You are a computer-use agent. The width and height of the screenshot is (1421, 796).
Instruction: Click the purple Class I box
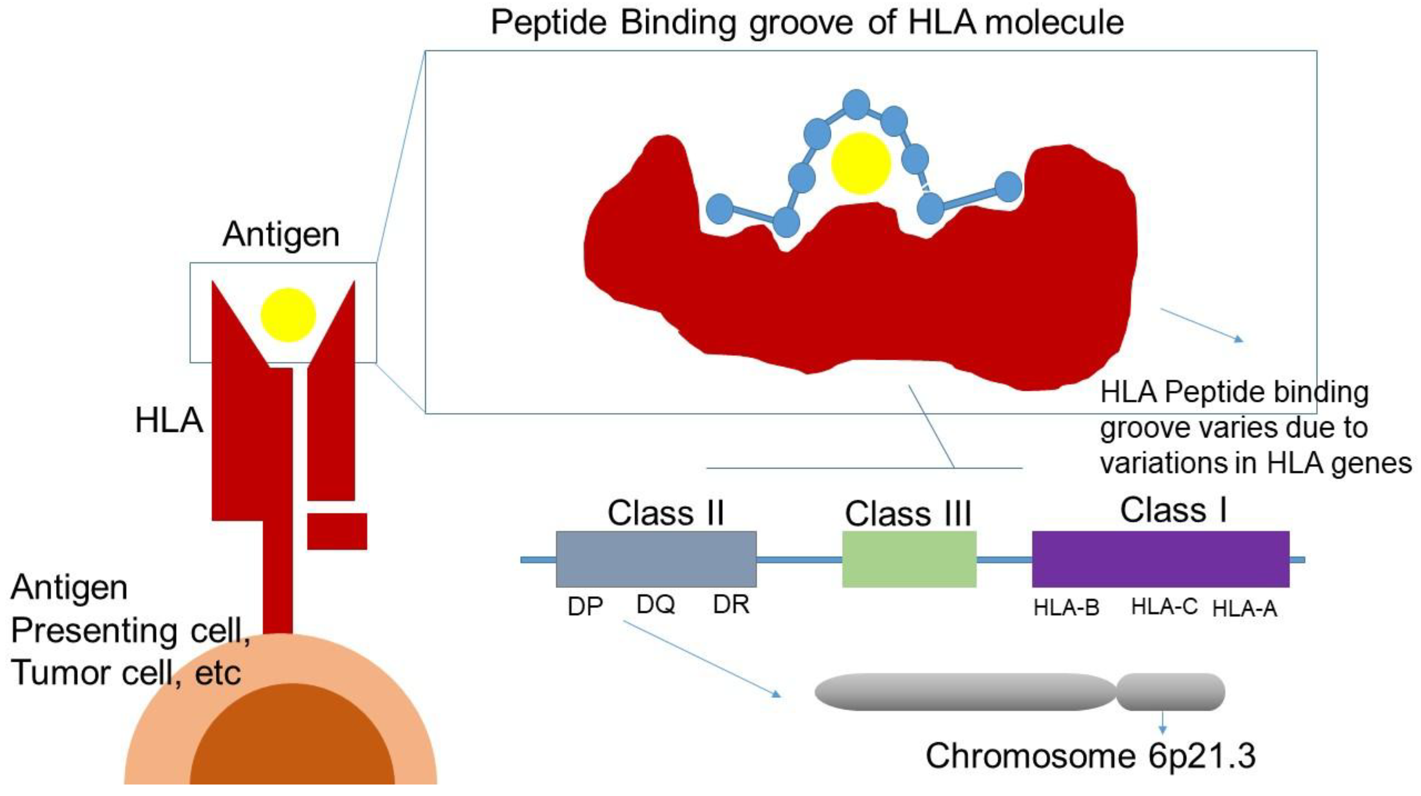pyautogui.click(x=1160, y=559)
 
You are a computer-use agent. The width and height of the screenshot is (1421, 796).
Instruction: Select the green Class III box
pyautogui.click(x=909, y=559)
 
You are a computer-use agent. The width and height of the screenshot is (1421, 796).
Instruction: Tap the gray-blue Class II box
pyautogui.click(x=656, y=559)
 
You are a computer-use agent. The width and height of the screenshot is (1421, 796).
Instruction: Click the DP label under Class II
pyautogui.click(x=585, y=607)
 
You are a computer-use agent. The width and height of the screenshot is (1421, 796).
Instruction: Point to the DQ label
pyautogui.click(x=655, y=604)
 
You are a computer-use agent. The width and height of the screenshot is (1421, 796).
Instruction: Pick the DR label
pyautogui.click(x=731, y=604)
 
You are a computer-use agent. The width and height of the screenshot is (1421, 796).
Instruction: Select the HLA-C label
pyautogui.click(x=1164, y=606)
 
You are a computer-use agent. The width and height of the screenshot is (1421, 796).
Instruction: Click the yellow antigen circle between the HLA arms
pyautogui.click(x=288, y=315)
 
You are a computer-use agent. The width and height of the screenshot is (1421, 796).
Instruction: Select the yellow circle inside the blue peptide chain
pyautogui.click(x=861, y=163)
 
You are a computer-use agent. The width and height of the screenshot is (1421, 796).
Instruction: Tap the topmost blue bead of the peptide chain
pyautogui.click(x=856, y=105)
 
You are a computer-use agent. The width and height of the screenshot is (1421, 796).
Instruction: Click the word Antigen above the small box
pyautogui.click(x=281, y=234)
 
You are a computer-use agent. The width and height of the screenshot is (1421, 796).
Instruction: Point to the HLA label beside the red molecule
pyautogui.click(x=169, y=420)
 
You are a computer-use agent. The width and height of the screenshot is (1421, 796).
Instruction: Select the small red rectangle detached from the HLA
pyautogui.click(x=337, y=531)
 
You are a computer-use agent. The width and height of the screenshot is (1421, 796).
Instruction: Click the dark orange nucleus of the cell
pyautogui.click(x=293, y=739)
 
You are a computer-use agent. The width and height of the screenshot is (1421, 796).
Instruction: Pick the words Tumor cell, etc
pyautogui.click(x=126, y=673)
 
